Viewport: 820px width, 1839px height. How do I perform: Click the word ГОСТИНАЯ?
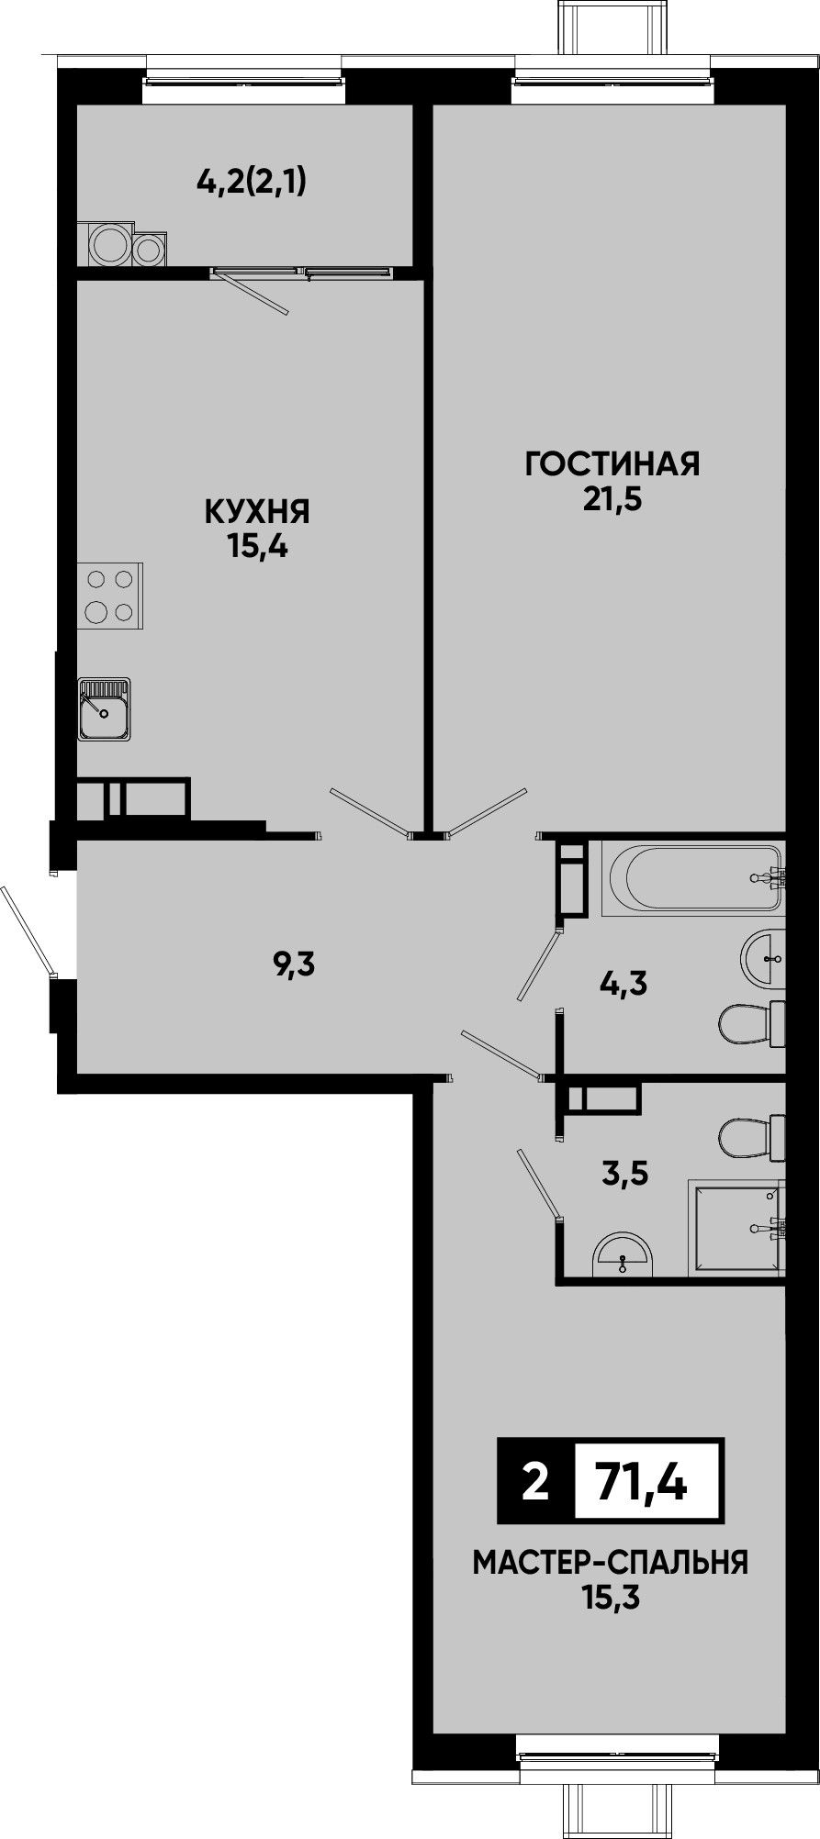click(x=612, y=464)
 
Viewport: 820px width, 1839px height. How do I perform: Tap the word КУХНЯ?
click(x=257, y=511)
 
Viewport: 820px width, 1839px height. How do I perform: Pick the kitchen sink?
click(x=105, y=709)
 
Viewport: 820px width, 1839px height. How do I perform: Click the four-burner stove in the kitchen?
click(x=110, y=596)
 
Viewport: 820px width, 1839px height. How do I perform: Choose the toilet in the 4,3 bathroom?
click(x=751, y=1023)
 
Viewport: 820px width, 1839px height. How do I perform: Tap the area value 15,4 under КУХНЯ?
click(x=257, y=548)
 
